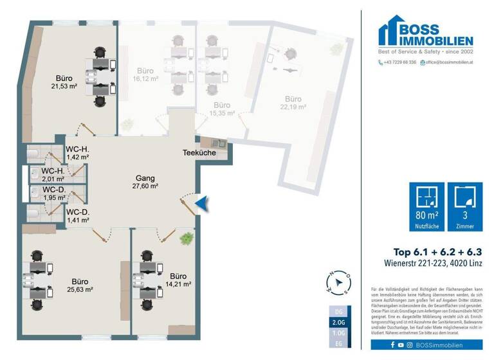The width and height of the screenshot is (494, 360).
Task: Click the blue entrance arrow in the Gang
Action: coord(201,204)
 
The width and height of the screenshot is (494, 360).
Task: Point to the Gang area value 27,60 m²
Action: coord(147,186)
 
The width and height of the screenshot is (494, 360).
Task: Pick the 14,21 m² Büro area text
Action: coord(178,283)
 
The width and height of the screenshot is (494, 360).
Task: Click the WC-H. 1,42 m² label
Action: coord(77,156)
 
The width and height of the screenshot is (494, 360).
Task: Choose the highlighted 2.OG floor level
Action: coord(338,322)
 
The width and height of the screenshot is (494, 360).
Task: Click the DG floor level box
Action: coord(338,310)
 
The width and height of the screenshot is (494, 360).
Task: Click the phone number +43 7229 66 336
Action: coord(396,62)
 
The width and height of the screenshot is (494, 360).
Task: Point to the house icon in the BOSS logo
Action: coord(391,32)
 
